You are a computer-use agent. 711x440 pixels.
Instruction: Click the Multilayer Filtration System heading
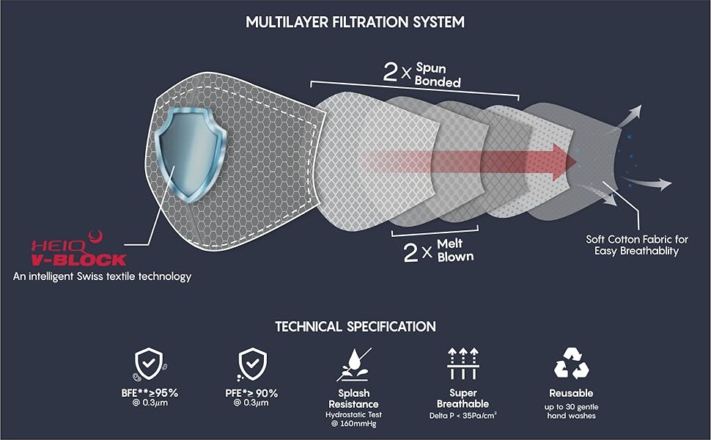pos(355,21)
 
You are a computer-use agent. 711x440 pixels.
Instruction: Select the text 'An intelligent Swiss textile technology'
pos(103,276)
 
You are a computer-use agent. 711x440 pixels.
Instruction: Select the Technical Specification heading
pos(355,326)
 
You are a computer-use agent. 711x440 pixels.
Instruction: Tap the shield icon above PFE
pos(253,363)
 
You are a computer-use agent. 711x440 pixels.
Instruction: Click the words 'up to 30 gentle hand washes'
pos(570,411)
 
